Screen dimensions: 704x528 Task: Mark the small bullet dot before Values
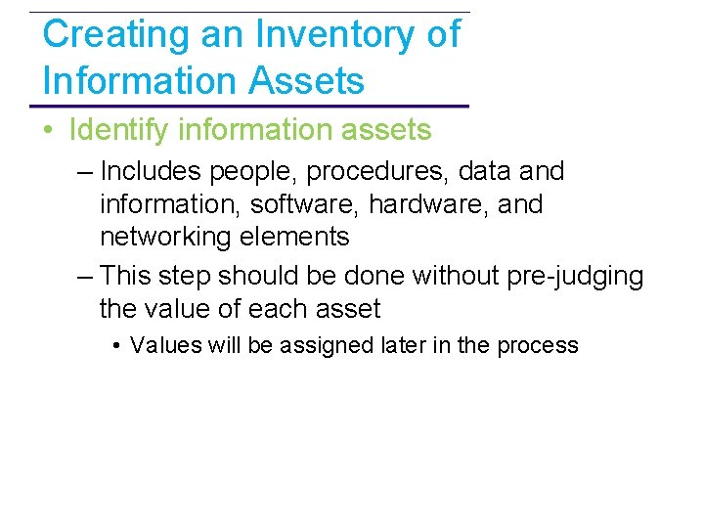click(116, 345)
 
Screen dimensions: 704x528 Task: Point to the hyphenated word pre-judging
click(577, 277)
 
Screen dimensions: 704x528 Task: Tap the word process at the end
click(538, 346)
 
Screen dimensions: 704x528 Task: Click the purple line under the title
click(249, 106)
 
